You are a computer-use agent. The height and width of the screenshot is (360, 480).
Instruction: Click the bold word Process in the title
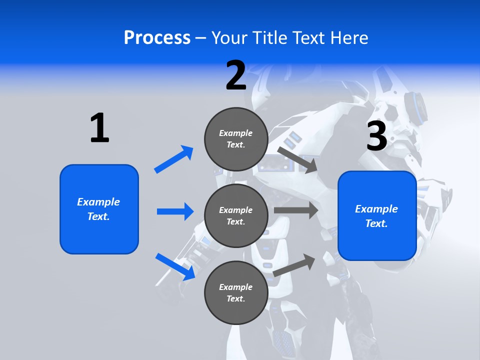157,38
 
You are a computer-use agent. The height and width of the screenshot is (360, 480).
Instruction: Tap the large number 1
99,128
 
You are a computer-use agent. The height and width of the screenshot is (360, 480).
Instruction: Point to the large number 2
236,75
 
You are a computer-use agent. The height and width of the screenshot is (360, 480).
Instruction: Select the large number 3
377,136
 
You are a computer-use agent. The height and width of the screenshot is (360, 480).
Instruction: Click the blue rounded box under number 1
99,209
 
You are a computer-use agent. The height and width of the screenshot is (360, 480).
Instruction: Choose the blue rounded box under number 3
377,215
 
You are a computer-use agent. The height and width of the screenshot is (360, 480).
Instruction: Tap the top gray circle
236,139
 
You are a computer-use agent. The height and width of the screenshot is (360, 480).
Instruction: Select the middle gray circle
236,215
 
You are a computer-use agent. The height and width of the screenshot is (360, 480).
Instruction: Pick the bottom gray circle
236,292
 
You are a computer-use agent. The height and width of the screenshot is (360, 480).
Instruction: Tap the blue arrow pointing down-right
175,266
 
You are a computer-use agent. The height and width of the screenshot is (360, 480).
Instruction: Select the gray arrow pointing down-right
298,160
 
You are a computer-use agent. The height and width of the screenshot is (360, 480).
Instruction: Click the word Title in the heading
270,38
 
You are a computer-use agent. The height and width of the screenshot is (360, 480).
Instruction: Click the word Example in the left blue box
98,202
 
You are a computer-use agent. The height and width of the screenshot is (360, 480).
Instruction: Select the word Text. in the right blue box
376,223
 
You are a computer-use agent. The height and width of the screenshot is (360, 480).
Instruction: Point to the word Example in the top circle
236,133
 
